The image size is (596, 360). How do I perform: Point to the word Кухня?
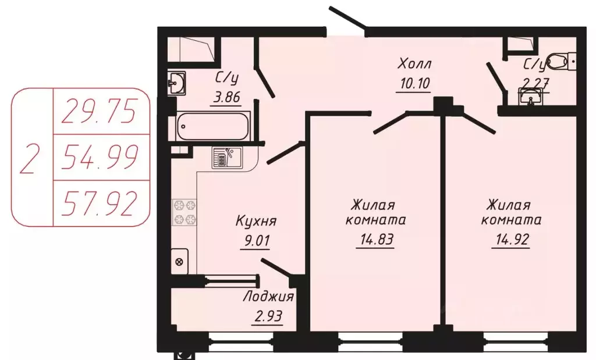256,222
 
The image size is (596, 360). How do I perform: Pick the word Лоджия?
268,297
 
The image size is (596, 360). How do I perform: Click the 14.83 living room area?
374,240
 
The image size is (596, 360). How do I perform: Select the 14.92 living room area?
511,240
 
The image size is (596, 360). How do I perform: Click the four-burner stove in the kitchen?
185,212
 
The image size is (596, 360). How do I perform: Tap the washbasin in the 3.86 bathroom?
176,83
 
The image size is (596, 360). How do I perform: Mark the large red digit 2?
30,158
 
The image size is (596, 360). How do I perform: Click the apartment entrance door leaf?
347,17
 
